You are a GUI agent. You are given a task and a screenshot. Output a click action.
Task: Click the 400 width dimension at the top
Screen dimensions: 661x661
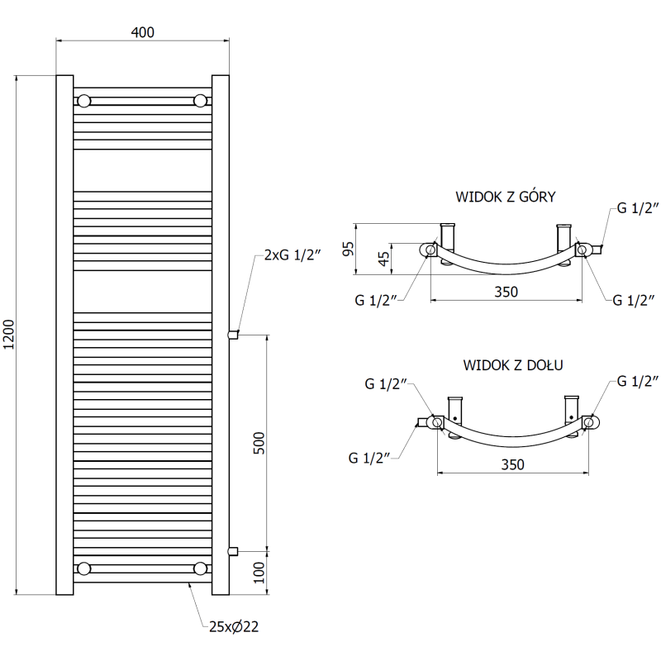142,32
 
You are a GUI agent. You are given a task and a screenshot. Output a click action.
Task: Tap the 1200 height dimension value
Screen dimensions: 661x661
9,335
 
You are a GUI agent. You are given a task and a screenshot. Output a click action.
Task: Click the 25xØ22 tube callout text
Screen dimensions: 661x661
234,627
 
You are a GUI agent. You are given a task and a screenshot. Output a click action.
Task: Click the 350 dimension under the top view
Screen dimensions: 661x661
506,291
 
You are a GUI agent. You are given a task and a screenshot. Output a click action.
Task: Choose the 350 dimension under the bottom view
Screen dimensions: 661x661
512,465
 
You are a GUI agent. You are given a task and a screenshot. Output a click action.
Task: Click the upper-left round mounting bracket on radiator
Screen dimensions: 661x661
84,101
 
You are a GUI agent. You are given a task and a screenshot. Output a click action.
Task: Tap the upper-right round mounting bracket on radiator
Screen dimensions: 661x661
200,101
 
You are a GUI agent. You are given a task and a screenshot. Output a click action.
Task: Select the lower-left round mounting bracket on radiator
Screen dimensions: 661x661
84,568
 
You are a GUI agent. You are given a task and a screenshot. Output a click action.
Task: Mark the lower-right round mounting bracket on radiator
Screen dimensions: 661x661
200,568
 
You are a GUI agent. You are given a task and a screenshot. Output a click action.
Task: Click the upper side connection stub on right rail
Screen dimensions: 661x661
233,335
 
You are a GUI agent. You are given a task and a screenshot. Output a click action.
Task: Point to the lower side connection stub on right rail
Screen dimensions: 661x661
233,549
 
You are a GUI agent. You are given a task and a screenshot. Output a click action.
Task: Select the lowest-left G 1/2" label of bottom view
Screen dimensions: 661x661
369,456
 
